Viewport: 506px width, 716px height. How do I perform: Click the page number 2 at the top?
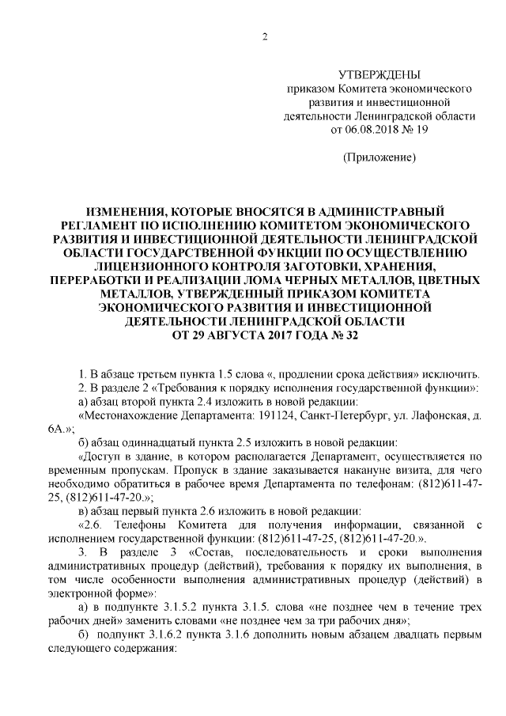pos(265,37)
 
